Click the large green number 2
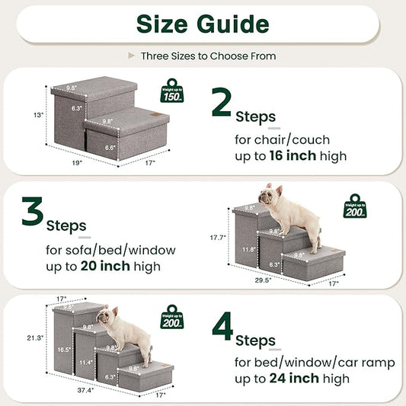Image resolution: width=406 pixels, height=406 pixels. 222,103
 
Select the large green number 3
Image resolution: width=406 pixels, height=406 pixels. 31,213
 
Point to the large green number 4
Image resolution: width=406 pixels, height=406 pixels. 222,325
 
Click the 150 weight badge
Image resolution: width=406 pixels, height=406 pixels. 171,91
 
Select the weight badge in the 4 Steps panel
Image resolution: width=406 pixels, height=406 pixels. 171,316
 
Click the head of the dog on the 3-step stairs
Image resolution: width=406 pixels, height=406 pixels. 266,194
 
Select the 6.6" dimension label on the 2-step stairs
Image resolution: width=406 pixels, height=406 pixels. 110,148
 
